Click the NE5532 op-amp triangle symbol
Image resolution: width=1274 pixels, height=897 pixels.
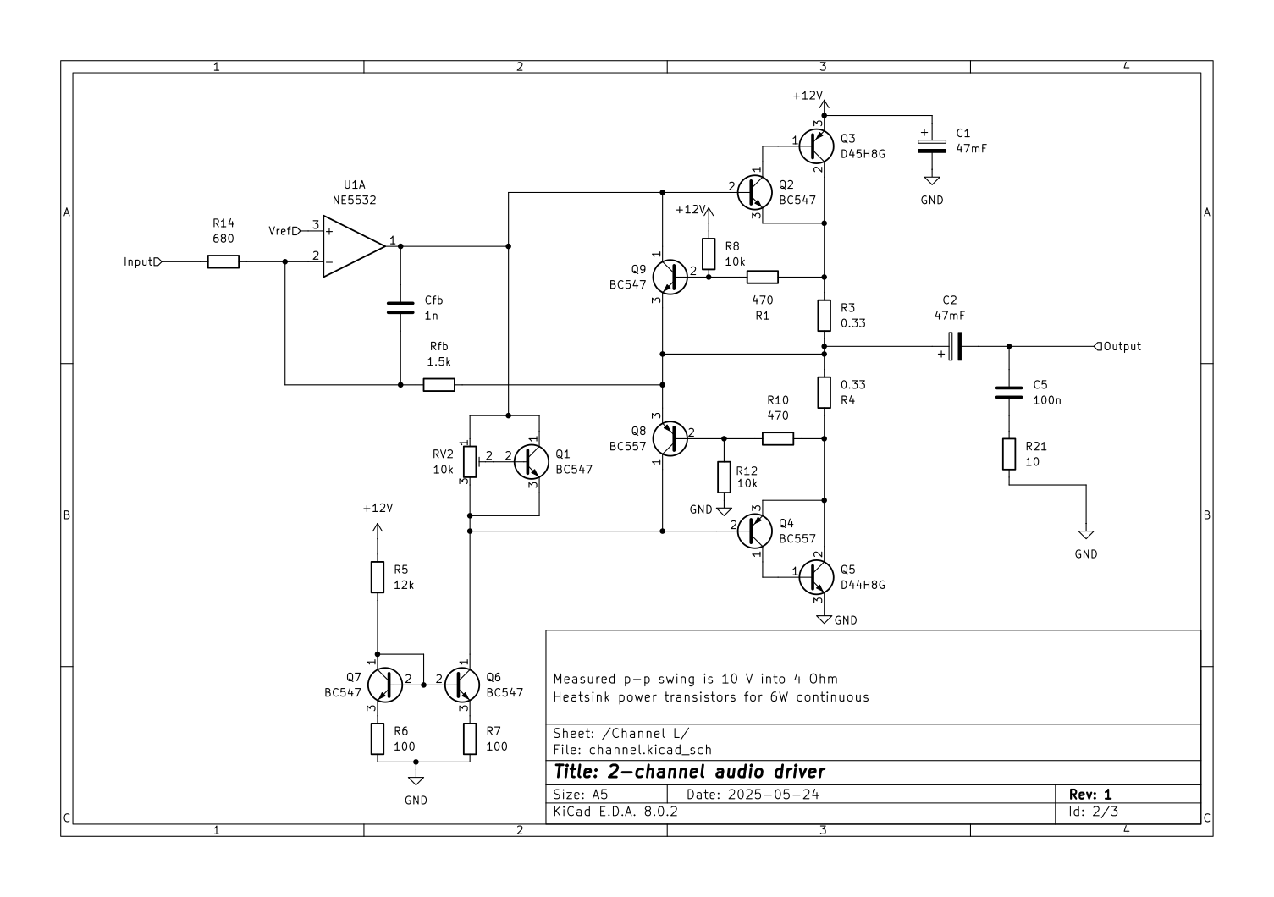(351, 246)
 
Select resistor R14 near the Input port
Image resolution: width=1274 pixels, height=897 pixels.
(223, 262)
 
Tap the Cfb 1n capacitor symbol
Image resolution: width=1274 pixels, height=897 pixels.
(400, 307)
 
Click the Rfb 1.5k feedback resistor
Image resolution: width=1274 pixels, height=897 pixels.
(438, 385)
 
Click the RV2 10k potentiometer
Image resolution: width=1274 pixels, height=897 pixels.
(470, 460)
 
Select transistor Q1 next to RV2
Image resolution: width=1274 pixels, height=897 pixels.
(531, 461)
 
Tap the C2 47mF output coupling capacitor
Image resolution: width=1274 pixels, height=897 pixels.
(955, 346)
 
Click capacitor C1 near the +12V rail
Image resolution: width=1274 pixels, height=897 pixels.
(932, 141)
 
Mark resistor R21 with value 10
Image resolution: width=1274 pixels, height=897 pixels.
(1009, 454)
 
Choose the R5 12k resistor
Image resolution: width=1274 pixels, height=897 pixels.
(378, 577)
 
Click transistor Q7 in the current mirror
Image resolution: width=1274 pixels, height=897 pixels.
(388, 684)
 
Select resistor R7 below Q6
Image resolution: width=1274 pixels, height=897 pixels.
(470, 739)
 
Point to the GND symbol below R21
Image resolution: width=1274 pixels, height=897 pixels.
(1086, 535)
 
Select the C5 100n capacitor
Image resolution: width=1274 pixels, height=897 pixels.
(1009, 392)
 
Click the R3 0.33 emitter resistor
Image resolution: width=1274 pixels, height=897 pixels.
(825, 316)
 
